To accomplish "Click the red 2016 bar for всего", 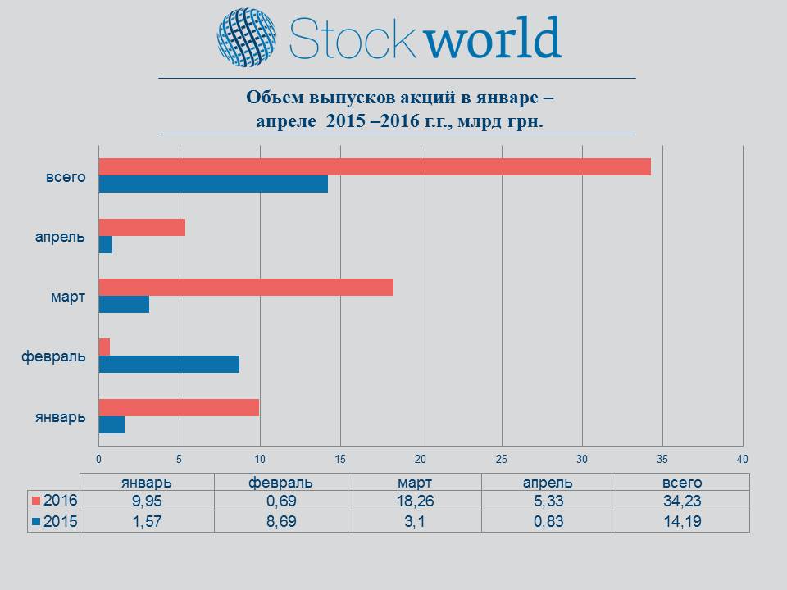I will (x=375, y=167).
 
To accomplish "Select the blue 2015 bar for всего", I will (x=213, y=184).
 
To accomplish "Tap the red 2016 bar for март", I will (x=246, y=287).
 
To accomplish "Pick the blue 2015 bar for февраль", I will (x=169, y=365).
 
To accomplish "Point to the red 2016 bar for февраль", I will (x=104, y=347).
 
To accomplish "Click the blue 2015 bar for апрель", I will (x=106, y=245).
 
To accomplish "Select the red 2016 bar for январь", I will (x=179, y=407).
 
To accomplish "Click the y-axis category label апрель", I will (x=60, y=236).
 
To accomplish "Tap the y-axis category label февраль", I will (x=53, y=356).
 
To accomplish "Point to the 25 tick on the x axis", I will (x=502, y=458).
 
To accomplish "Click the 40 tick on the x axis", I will (x=743, y=458).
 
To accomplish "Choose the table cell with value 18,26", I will (x=414, y=501).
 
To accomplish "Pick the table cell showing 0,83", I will (x=548, y=521).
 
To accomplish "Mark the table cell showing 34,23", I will (x=682, y=501).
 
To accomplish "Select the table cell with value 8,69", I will (x=280, y=521).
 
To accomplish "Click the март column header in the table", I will (x=414, y=483).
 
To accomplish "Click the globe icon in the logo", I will (x=247, y=38).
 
